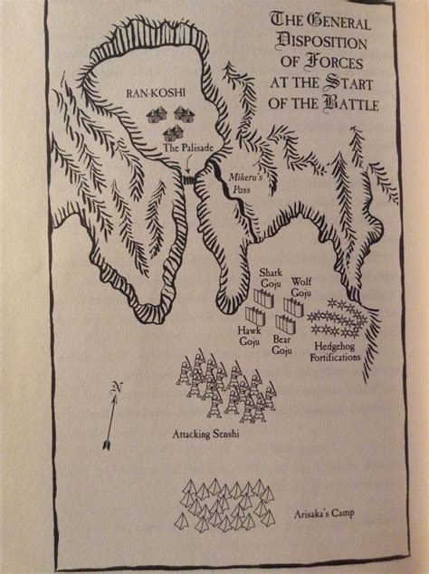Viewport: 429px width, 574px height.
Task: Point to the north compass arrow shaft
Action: [x=110, y=420]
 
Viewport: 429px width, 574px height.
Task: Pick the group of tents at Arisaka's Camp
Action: [x=228, y=503]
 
